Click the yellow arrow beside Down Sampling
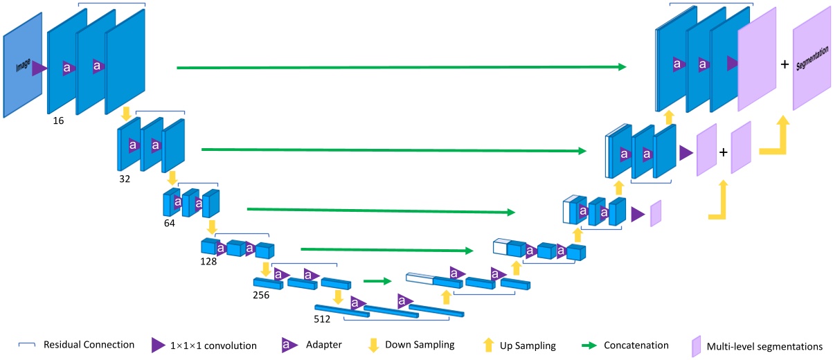pyautogui.click(x=373, y=345)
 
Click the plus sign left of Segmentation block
pyautogui.click(x=785, y=64)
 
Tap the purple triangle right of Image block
pyautogui.click(x=39, y=68)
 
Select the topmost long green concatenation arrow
pyautogui.click(x=402, y=67)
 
